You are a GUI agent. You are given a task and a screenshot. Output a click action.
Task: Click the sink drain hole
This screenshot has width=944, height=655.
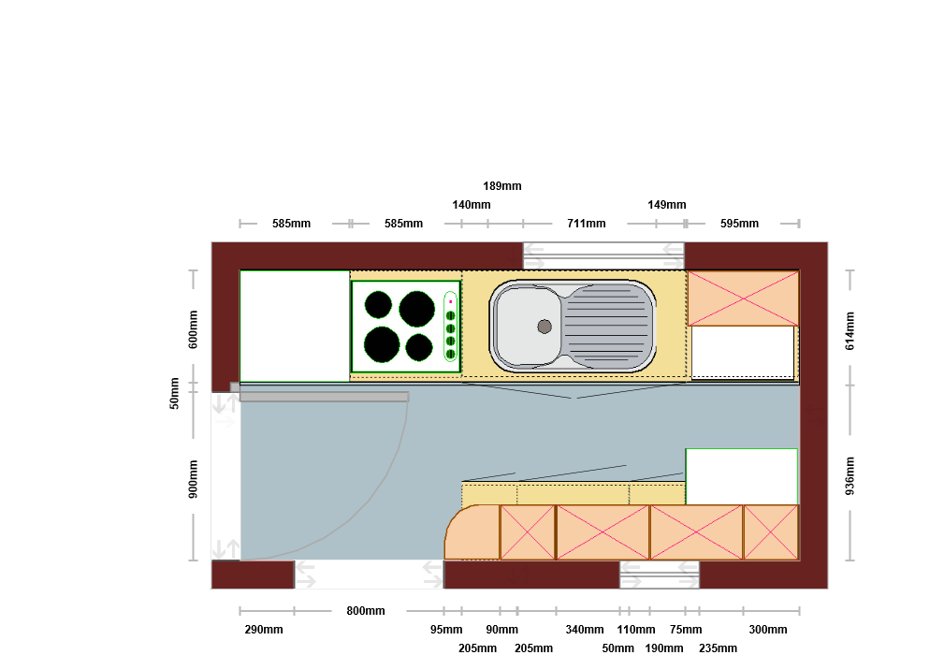545,327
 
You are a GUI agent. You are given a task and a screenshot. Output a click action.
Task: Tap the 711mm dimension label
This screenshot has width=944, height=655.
586,224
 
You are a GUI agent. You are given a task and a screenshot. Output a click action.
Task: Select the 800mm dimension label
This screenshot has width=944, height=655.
366,610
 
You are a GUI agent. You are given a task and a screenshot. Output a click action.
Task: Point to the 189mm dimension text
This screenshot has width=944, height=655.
502,186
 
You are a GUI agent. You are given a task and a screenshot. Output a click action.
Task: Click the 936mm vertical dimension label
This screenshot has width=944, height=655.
850,476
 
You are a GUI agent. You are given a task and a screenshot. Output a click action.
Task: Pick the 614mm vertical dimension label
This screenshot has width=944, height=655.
850,331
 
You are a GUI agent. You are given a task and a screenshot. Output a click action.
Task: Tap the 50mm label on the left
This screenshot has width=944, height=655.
174,393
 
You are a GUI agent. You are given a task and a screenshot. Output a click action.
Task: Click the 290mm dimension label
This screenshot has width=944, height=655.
264,630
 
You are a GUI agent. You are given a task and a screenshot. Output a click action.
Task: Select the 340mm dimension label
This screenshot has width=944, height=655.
585,630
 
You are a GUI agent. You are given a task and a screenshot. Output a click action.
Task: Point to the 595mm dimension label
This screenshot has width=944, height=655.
739,224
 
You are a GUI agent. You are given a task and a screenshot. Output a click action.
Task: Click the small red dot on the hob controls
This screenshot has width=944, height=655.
450,301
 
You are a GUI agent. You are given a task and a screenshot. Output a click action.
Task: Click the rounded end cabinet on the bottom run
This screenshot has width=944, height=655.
472,532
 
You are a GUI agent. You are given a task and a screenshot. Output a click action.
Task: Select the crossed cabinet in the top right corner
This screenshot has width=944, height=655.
744,298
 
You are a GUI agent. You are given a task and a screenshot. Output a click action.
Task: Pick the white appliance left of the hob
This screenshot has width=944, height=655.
295,327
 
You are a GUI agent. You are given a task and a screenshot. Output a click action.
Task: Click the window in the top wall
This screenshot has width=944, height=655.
603,255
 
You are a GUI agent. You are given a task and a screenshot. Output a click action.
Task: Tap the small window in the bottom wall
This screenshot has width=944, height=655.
660,575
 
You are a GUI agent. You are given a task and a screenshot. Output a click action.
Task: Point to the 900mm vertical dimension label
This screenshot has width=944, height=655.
193,479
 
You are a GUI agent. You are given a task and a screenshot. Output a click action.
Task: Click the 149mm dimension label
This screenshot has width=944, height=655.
667,205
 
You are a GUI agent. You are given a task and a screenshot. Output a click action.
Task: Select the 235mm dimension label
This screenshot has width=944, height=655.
718,648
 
